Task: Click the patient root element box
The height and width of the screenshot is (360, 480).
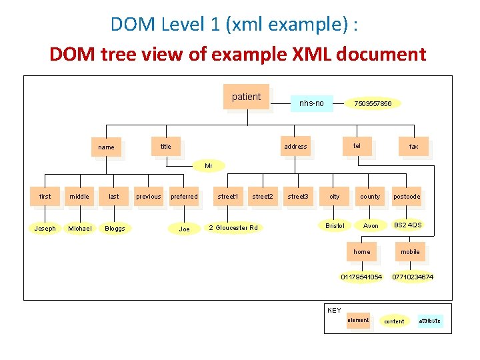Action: point(247,97)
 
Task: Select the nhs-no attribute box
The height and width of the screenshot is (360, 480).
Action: point(311,103)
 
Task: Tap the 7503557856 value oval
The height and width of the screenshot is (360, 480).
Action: point(373,103)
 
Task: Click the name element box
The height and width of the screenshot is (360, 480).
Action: point(106,147)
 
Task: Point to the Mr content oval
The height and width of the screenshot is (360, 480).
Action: point(209,165)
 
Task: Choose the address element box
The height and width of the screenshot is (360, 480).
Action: point(295,146)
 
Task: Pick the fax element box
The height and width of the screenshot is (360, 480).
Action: point(413,146)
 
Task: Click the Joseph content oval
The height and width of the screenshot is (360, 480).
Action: point(45,228)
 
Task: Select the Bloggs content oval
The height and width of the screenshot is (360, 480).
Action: point(115,228)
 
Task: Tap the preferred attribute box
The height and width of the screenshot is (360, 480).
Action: point(184,197)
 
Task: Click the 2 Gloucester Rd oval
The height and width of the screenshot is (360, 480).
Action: point(233,228)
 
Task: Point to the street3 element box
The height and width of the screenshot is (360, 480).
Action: point(298,197)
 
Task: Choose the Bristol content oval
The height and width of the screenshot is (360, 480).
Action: point(335,225)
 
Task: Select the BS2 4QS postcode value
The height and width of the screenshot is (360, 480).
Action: point(407,225)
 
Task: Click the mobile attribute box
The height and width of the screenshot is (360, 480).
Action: point(410,252)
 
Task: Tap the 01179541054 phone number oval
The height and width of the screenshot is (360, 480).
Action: point(361,276)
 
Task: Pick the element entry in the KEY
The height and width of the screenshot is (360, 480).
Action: point(358,320)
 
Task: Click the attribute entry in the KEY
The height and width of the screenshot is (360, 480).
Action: point(429,321)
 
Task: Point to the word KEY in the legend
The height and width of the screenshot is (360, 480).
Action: point(334,311)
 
